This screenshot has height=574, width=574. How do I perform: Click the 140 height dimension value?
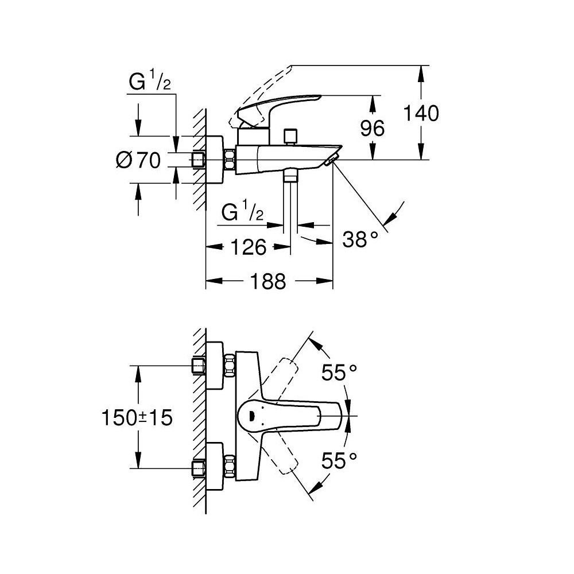422,113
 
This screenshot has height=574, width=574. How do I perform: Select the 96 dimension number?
373,128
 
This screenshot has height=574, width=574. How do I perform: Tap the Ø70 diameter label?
138,160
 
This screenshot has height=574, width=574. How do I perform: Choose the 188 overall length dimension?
268,281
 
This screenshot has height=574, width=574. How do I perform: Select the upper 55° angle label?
339,374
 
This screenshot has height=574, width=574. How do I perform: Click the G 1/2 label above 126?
242,214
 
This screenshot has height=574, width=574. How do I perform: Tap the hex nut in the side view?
231,159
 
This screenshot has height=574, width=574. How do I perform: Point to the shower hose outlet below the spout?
291,176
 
